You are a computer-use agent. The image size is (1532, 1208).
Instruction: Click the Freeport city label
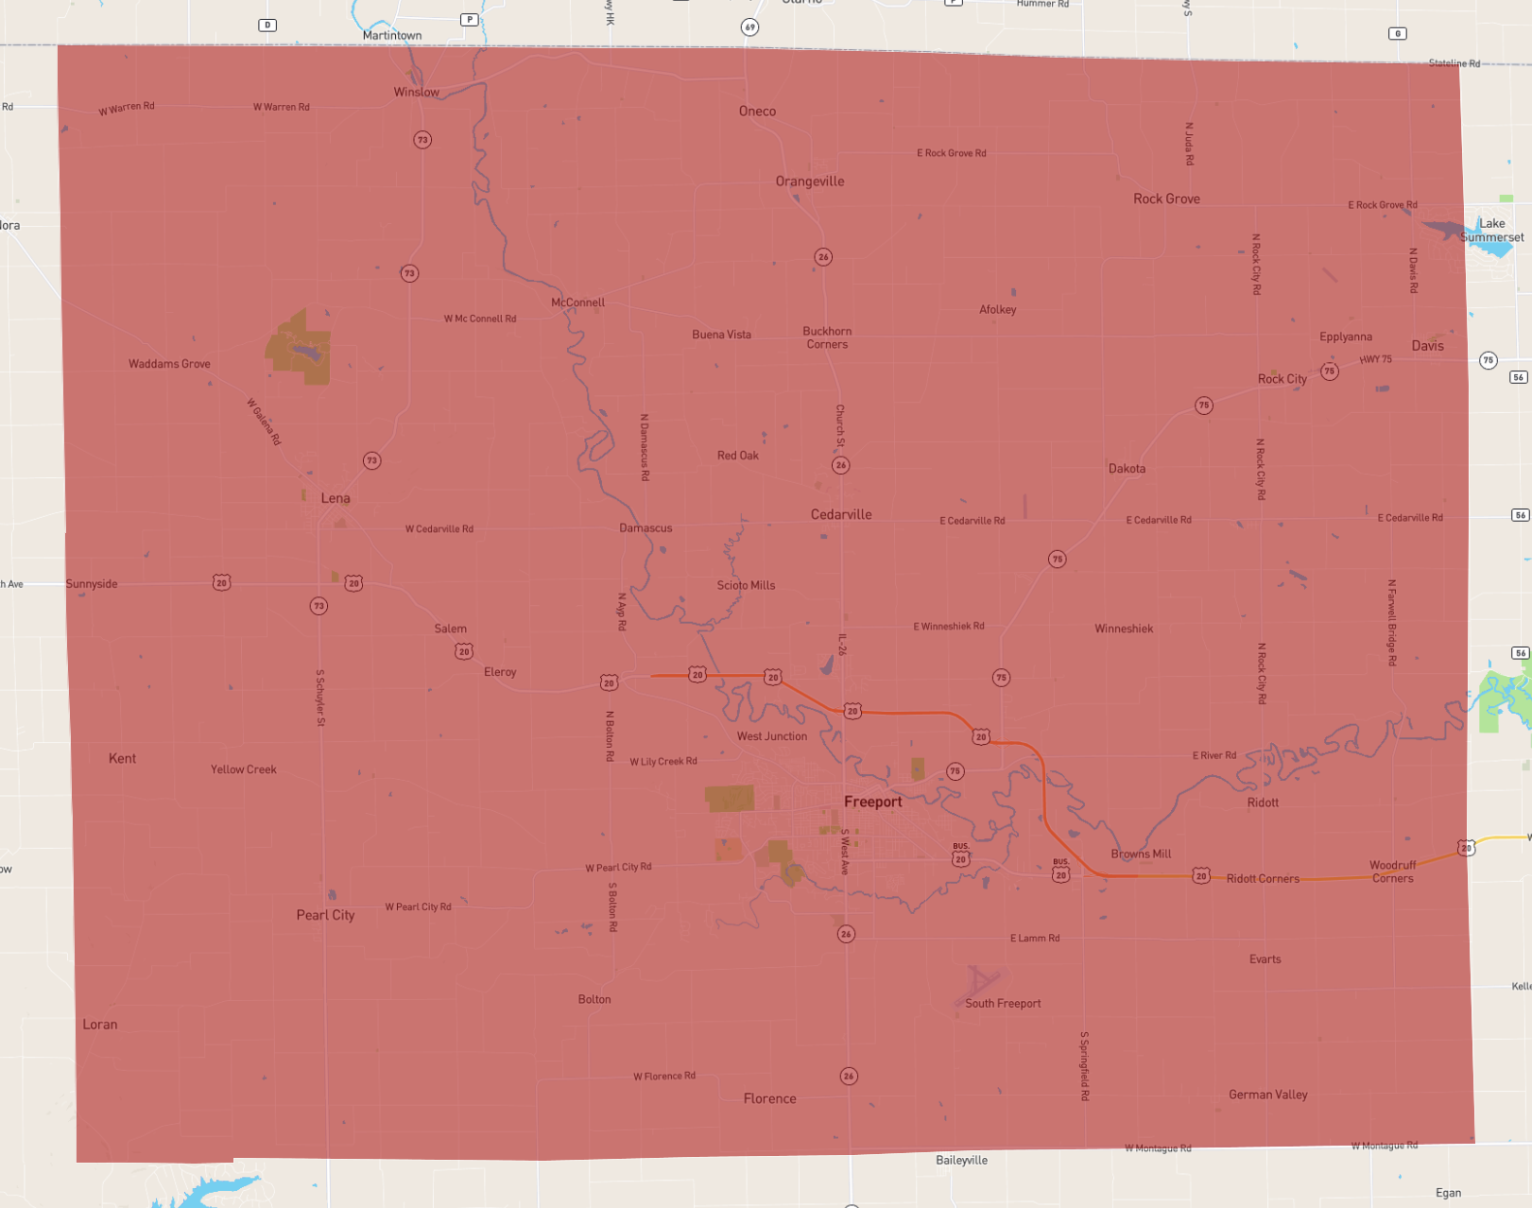coord(872,802)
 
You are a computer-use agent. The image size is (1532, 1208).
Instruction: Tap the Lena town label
coord(336,498)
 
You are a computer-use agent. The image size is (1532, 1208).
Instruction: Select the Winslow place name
coord(416,92)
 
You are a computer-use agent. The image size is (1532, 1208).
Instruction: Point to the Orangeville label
coord(810,181)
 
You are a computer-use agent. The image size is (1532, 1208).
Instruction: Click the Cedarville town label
coord(841,514)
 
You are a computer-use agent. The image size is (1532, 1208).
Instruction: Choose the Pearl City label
coord(325,915)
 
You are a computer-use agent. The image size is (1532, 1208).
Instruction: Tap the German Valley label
coord(1267,1095)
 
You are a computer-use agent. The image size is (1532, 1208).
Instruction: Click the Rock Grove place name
coord(1166,198)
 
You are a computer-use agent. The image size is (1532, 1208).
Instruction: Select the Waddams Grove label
coord(169,364)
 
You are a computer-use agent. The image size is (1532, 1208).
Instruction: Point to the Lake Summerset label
coord(1491,231)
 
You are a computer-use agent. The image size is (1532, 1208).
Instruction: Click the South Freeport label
coord(1003,1004)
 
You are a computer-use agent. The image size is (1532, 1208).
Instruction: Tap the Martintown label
coord(392,36)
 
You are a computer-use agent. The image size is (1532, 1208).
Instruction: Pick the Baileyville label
coord(961,1160)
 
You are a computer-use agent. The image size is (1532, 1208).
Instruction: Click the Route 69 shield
coord(749,27)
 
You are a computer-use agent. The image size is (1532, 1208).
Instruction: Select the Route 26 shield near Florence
coord(849,1076)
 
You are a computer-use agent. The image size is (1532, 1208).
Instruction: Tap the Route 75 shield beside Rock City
coord(1329,371)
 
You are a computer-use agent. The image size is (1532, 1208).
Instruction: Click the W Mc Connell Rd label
coord(480,319)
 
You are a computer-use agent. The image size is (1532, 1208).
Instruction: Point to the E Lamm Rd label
coord(1035,939)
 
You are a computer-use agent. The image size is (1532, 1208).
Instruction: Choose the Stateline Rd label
coord(1454,63)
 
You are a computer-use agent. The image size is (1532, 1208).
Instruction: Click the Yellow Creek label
coord(244,769)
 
